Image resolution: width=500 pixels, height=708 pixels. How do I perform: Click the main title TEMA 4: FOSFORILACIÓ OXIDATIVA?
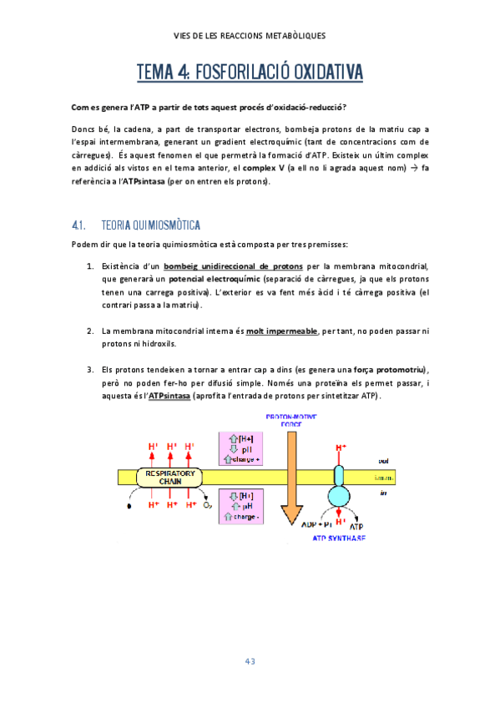click(x=250, y=74)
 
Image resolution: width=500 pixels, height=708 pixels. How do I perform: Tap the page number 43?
click(x=250, y=661)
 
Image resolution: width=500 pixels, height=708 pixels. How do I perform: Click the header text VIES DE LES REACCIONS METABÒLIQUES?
click(x=250, y=35)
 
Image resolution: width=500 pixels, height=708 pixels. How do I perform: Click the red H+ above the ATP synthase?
click(x=341, y=448)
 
